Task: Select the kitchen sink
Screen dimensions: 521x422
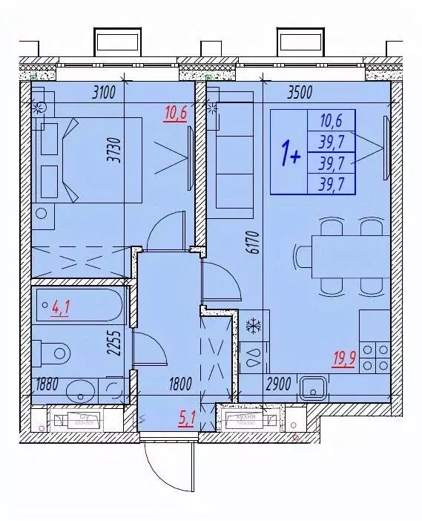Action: (314, 387)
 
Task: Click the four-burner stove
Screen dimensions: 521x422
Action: (374, 357)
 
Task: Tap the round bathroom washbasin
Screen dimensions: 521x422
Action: (78, 390)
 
